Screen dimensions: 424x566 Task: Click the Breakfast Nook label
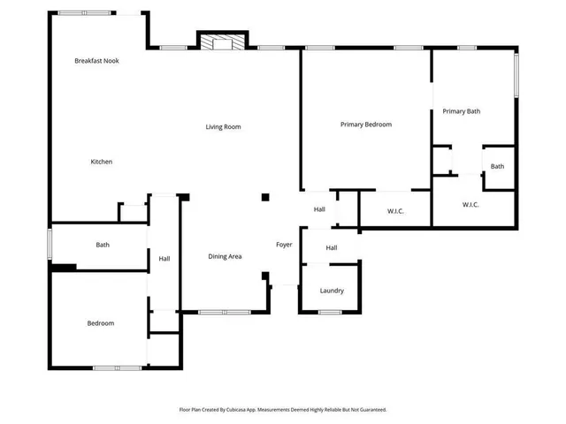pos(96,61)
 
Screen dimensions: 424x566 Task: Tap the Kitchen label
pos(102,162)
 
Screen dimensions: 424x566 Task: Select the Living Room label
pos(224,127)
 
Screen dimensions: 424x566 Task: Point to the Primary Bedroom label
pos(366,125)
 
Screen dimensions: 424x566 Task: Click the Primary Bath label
pos(462,111)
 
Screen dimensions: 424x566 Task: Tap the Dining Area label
pos(225,256)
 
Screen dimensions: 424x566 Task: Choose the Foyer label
pos(284,245)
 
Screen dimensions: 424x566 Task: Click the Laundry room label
pos(332,291)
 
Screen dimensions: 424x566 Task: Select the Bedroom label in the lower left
pos(100,323)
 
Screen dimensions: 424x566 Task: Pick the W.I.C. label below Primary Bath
pos(470,205)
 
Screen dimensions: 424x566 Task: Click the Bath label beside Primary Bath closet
pos(498,166)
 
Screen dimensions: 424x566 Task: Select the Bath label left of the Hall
pos(103,245)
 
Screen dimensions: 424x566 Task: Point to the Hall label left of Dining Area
pos(164,259)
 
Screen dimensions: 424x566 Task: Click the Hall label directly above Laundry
pos(332,248)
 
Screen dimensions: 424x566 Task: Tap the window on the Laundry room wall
pos(330,312)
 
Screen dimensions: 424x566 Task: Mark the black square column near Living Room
pos(264,197)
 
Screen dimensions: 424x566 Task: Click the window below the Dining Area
pos(224,312)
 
